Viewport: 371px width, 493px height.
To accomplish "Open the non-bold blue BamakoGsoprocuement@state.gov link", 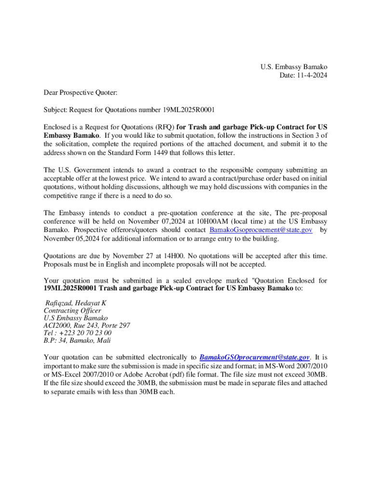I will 261,230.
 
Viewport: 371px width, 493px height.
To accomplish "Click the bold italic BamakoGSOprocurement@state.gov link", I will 254,357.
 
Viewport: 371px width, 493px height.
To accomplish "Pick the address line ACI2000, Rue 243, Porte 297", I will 87,325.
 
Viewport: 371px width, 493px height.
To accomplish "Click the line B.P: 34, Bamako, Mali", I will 77,340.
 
